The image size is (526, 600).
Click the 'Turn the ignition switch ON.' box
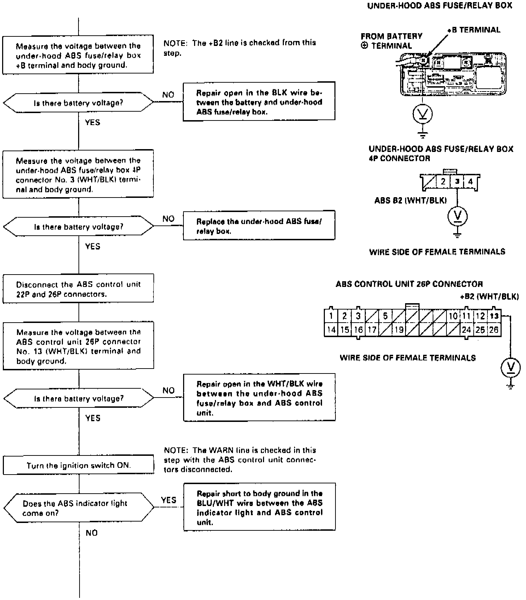tap(78, 465)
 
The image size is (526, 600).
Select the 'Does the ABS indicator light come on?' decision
tap(78, 508)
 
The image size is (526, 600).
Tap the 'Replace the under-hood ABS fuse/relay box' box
tap(259, 226)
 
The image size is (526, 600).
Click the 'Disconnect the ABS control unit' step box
tap(78, 289)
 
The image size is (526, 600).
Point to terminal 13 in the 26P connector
tap(494, 316)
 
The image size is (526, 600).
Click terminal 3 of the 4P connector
tap(457, 182)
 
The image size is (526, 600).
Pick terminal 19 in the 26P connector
tap(399, 330)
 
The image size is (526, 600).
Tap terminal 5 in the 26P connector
tap(385, 316)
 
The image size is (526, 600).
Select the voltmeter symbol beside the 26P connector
tap(510, 368)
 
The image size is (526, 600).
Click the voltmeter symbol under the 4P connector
tap(457, 216)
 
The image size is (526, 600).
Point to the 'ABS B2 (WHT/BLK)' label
tap(410, 201)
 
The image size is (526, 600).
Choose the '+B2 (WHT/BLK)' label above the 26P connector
tap(489, 296)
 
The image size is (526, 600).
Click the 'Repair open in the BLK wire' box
tap(259, 102)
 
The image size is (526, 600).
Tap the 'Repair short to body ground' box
tap(259, 507)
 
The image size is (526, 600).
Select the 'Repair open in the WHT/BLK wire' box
tap(259, 398)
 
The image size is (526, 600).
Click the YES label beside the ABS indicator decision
tap(168, 500)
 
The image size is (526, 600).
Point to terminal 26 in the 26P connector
tap(494, 330)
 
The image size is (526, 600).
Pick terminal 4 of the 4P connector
tap(470, 182)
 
